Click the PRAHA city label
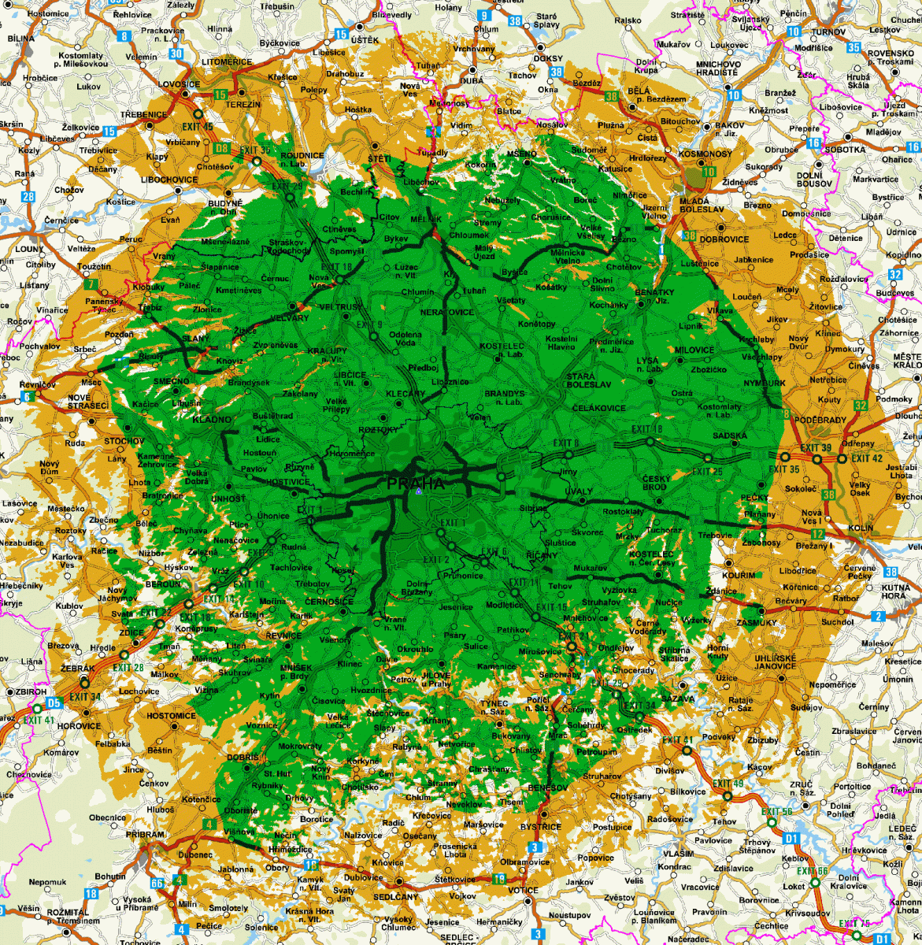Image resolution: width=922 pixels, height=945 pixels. pyautogui.click(x=416, y=483)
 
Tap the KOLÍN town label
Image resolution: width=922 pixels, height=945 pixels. pyautogui.click(x=862, y=528)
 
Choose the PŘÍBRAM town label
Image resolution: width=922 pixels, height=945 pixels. pyautogui.click(x=145, y=835)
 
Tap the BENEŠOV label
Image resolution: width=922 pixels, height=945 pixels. pyautogui.click(x=549, y=787)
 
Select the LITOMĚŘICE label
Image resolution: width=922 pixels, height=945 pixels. pyautogui.click(x=228, y=61)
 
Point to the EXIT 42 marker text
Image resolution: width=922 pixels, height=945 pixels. pyautogui.click(x=867, y=458)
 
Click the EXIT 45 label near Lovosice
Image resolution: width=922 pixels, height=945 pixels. pyautogui.click(x=197, y=126)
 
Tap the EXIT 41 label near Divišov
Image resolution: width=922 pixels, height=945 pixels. pyautogui.click(x=677, y=740)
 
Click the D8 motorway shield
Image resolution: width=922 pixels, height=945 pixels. pyautogui.click(x=222, y=147)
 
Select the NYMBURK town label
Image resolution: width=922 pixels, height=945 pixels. pyautogui.click(x=765, y=383)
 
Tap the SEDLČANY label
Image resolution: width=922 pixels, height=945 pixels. pyautogui.click(x=395, y=897)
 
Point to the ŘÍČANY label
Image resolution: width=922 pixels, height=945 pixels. pyautogui.click(x=542, y=555)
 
